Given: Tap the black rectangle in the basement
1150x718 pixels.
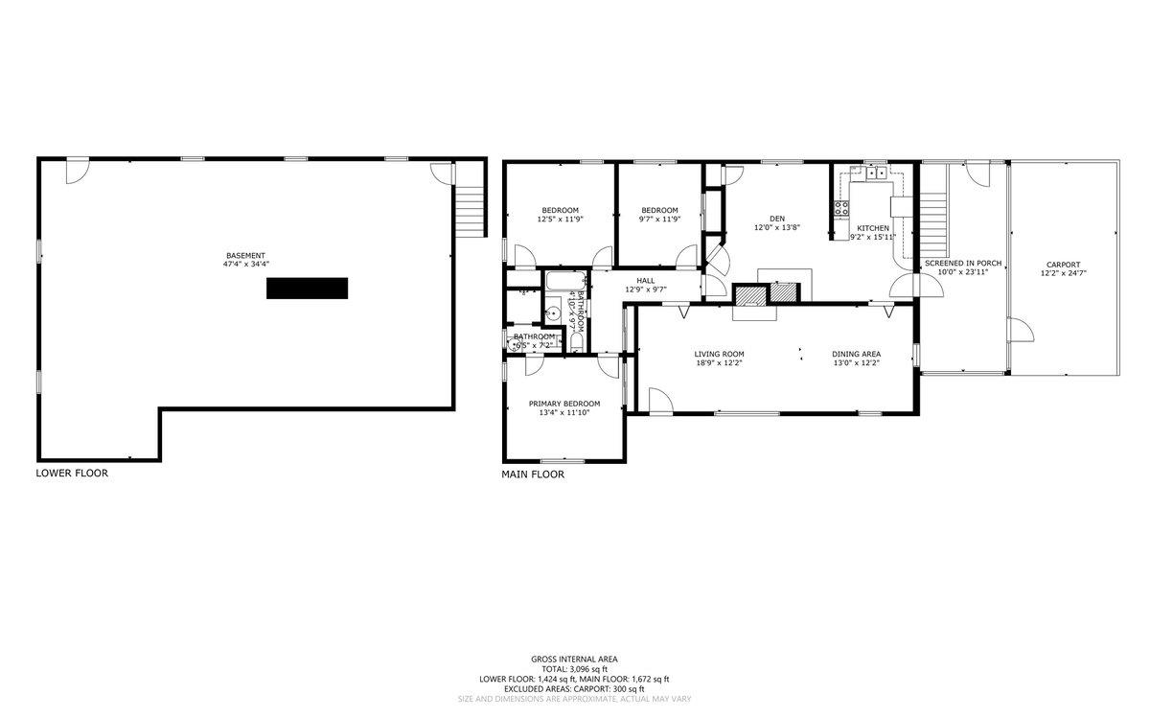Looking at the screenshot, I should pos(307,289).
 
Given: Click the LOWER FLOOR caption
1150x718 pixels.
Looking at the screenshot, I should pos(72,473).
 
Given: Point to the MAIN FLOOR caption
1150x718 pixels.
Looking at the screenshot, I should pos(533,474).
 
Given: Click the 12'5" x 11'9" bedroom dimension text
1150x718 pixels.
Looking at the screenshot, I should pos(560,220).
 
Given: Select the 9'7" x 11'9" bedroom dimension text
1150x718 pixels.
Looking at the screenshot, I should pos(659,220).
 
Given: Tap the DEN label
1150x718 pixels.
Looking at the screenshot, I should pos(776,218).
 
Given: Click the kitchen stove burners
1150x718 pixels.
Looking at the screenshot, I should pos(841,205).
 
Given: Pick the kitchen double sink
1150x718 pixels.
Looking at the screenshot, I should pos(874,174).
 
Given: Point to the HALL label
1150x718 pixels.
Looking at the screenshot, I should pos(645,280).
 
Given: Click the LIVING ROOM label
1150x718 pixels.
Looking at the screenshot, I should pos(719,354).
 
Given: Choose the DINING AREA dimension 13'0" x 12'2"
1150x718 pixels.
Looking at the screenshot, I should pos(856,363).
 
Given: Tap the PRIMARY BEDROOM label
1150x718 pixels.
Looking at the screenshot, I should pos(564,404).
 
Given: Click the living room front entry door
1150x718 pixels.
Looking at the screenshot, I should pos(659,401).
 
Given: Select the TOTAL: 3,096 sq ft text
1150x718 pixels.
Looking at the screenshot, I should pos(573,669).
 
